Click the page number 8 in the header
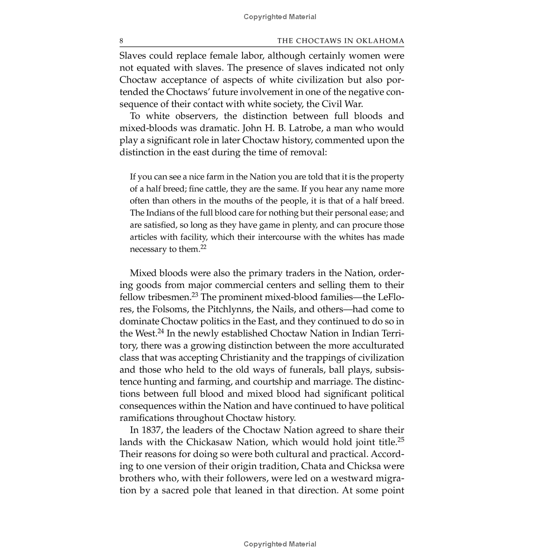click(122, 41)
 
